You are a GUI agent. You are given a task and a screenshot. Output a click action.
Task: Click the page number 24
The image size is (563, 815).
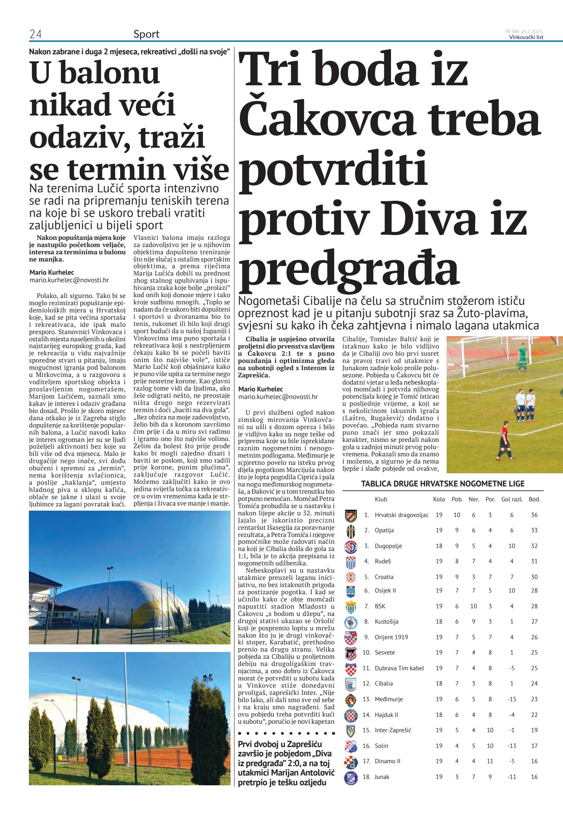tap(35, 34)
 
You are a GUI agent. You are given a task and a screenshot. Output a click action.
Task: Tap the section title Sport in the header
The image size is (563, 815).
tap(146, 34)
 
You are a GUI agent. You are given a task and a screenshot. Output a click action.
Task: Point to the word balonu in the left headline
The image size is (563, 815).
tap(110, 73)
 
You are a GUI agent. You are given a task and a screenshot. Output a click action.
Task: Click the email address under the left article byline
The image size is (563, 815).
tap(69, 280)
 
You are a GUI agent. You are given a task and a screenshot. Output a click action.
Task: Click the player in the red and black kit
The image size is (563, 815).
tap(504, 439)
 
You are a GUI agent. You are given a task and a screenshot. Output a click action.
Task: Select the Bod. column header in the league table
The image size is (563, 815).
tap(534, 499)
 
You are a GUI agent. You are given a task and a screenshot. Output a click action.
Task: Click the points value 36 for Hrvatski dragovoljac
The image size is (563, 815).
tap(534, 515)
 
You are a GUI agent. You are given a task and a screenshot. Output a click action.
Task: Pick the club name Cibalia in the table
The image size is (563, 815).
tap(383, 683)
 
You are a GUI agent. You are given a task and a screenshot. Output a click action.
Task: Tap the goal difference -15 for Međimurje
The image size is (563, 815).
tap(512, 699)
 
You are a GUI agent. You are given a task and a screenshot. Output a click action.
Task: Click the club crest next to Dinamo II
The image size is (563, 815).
tap(351, 761)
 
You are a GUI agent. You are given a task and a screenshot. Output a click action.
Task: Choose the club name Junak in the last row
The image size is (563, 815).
tap(382, 777)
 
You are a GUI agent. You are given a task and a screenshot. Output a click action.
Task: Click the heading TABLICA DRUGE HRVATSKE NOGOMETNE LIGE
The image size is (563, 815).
tap(443, 483)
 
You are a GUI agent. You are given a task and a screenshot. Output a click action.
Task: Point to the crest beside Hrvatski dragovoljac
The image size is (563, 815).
tap(351, 515)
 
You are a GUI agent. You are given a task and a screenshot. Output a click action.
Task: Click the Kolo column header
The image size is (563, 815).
tap(439, 499)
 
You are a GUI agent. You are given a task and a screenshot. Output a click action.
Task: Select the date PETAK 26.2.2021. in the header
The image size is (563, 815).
tap(524, 31)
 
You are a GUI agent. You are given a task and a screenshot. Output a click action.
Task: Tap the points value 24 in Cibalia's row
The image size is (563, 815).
tap(534, 683)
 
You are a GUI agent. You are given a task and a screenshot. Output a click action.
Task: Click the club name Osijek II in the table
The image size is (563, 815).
tap(385, 590)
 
